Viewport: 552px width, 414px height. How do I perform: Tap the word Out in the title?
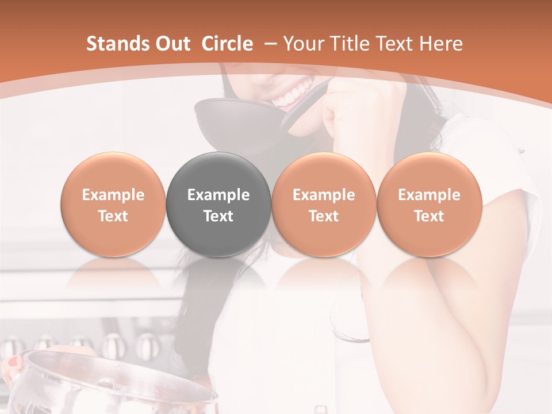172,44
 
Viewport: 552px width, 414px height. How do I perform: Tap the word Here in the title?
440,44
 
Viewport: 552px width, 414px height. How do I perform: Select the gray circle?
218,205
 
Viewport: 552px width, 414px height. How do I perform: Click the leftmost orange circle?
113,205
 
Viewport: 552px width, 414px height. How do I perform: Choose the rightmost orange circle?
429,205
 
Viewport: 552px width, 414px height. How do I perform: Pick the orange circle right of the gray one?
324,205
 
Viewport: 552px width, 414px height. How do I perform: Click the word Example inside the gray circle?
218,195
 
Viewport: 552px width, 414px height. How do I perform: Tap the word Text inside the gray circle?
218,216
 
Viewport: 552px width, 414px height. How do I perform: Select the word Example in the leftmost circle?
113,195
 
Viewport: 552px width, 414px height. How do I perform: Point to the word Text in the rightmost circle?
429,216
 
